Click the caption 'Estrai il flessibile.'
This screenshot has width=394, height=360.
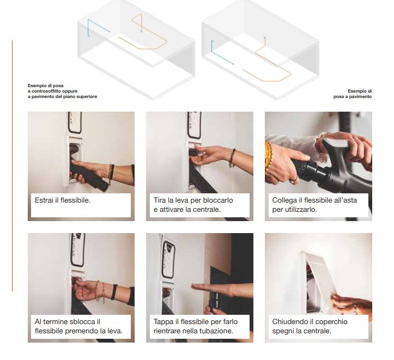[63, 200]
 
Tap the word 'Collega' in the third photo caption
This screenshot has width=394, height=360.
[284, 200]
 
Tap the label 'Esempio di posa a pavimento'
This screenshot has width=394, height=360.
[353, 94]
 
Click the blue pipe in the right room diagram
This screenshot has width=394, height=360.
[221, 56]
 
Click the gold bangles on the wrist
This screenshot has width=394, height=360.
[268, 156]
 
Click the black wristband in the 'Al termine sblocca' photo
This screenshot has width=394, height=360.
[114, 292]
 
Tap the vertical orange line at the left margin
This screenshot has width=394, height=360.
[12, 166]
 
